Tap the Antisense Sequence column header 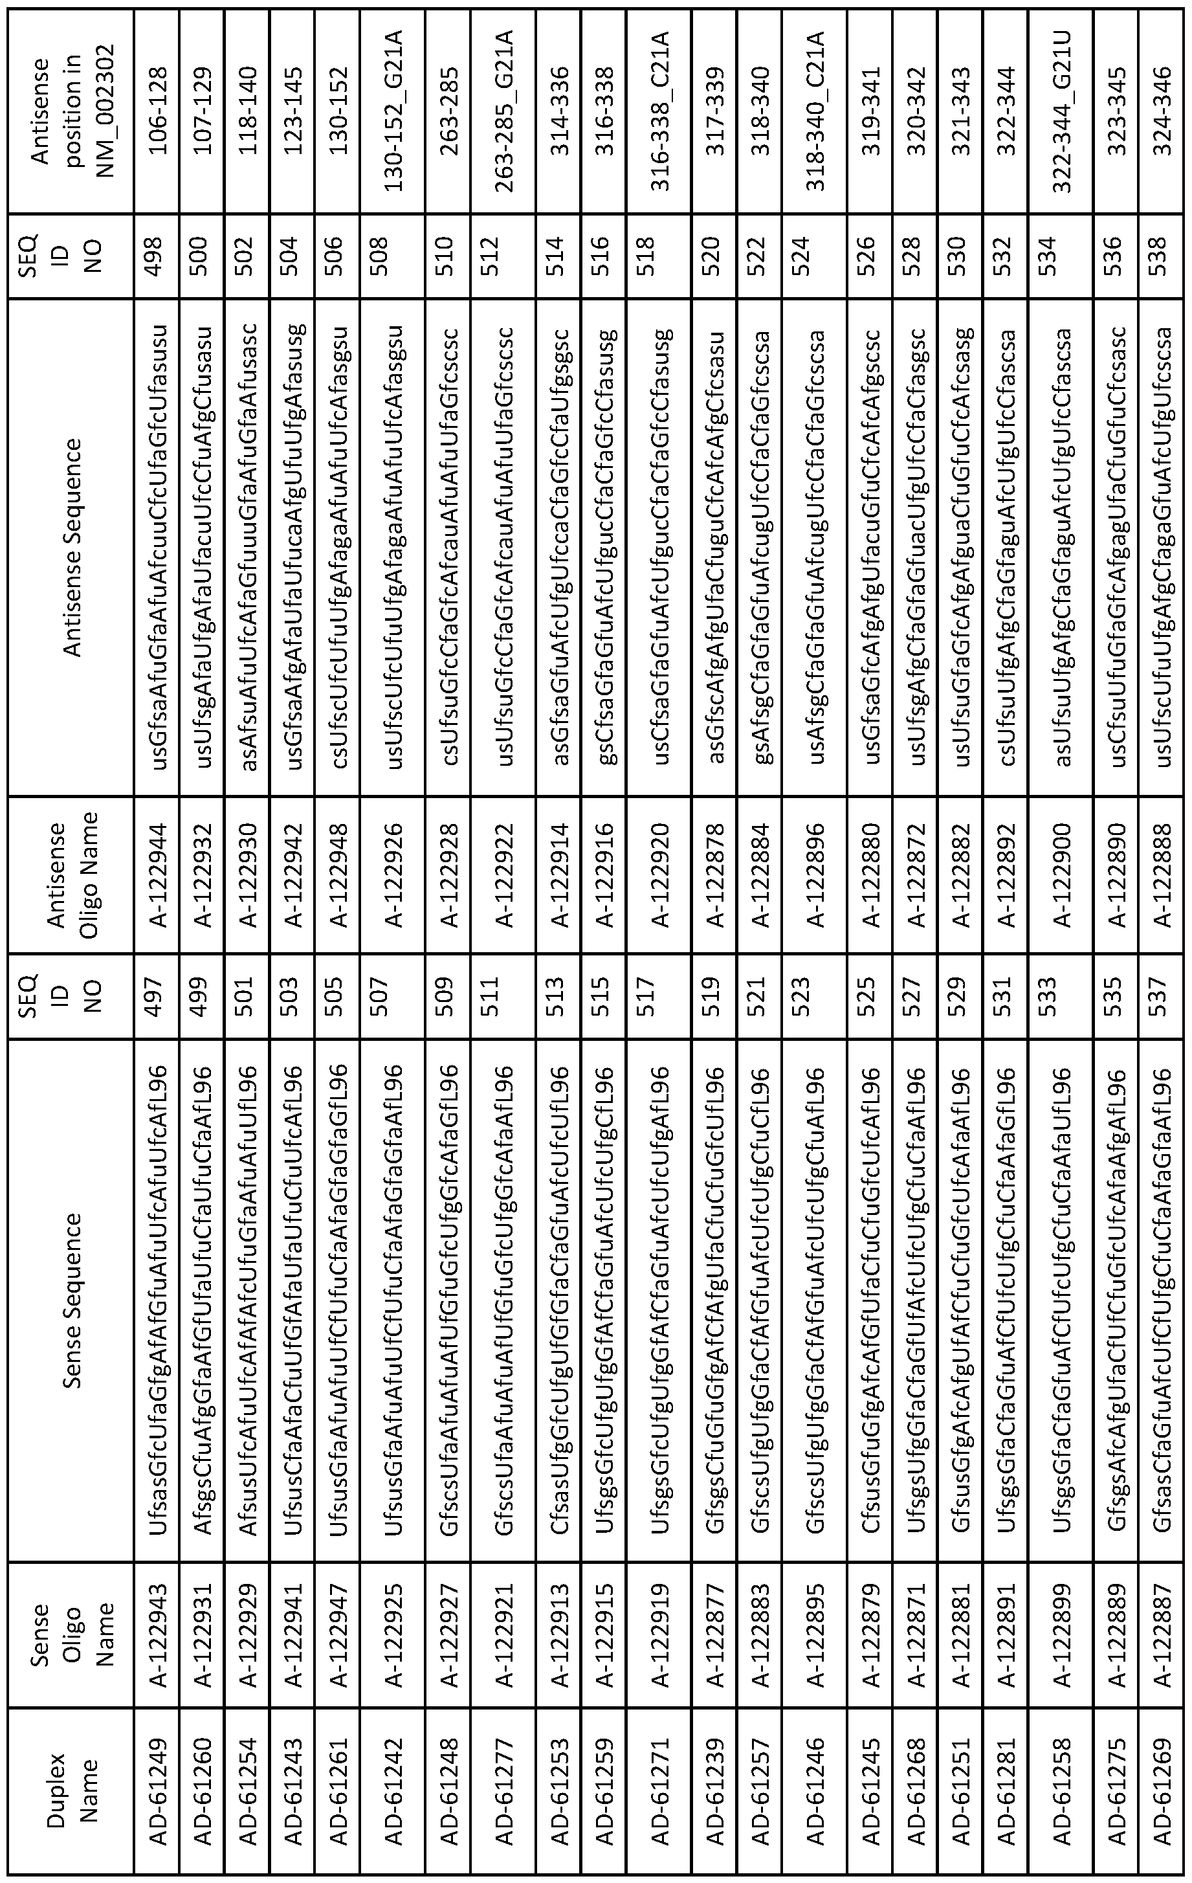74,548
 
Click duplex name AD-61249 159,1785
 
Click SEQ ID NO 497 159,996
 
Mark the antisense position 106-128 159,109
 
